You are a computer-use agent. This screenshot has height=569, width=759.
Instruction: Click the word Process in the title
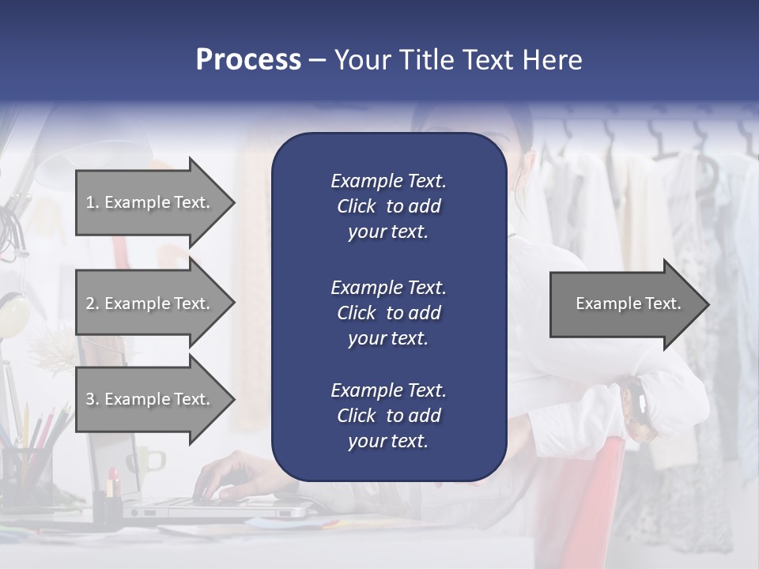coord(248,60)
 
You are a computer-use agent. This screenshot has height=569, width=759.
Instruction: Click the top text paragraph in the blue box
coord(388,206)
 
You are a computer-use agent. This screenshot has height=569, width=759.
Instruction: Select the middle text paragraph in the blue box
coord(388,313)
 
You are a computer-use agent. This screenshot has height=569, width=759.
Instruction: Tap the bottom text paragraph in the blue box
coord(388,416)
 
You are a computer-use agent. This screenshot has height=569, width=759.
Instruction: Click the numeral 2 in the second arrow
coord(91,303)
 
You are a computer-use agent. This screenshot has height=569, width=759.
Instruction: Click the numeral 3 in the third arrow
coord(91,399)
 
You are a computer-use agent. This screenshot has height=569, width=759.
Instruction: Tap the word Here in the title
coord(552,60)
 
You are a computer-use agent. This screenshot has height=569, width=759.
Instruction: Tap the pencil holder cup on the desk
coord(28,474)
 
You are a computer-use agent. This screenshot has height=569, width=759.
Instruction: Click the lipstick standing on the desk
coord(113,483)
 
